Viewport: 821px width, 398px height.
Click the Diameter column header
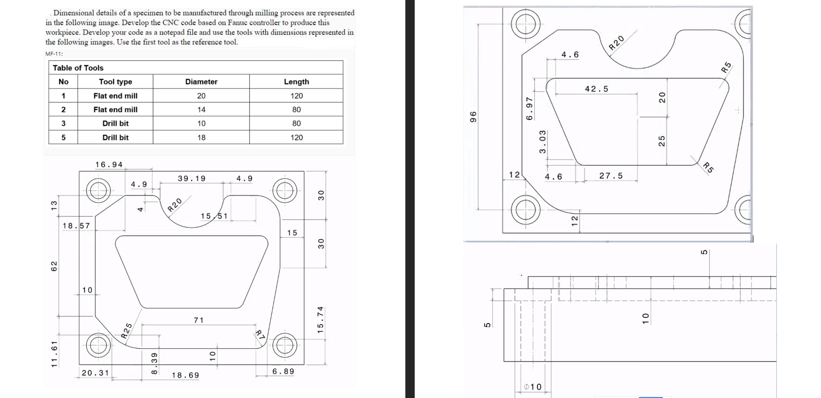point(201,82)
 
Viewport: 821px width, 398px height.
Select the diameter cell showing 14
point(201,109)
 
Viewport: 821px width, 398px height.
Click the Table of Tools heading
point(78,68)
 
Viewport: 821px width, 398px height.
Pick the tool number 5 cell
point(63,137)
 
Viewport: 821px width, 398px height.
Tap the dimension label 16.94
point(109,164)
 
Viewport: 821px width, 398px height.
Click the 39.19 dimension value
point(192,179)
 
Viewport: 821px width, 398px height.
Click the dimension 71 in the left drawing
point(199,320)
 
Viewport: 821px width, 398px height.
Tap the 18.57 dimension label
point(76,226)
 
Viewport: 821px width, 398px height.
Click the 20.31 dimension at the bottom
point(95,373)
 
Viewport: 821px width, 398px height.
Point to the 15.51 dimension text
point(214,216)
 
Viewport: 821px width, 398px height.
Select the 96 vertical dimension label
point(473,117)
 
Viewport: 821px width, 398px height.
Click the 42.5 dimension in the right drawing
point(596,89)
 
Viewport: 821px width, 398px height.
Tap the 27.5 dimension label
point(611,176)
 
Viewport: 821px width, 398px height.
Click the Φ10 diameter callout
point(533,387)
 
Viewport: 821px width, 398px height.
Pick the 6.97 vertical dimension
point(529,109)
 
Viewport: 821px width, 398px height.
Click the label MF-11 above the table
point(54,54)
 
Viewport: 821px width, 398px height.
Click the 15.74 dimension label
point(321,320)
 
